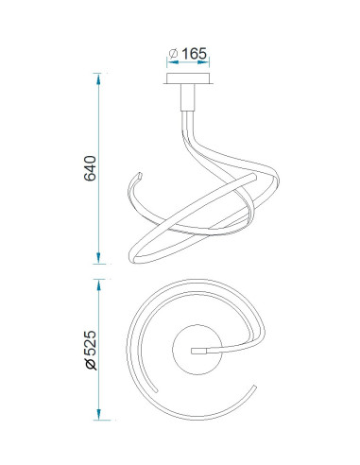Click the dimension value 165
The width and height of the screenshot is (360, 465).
click(195, 54)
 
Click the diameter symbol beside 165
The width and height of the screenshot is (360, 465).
click(174, 54)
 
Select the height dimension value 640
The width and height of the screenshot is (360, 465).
click(90, 168)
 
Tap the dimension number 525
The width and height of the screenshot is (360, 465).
click(90, 343)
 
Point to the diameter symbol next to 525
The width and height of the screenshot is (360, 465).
click(91, 364)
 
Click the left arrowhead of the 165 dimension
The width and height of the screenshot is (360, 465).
click(173, 62)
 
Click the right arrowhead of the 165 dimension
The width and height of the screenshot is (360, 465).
click(203, 62)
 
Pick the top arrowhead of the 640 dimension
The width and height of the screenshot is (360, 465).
click(98, 78)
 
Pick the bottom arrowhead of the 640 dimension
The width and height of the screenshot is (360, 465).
click(98, 258)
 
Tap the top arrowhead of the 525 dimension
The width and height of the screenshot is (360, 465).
click(98, 284)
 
